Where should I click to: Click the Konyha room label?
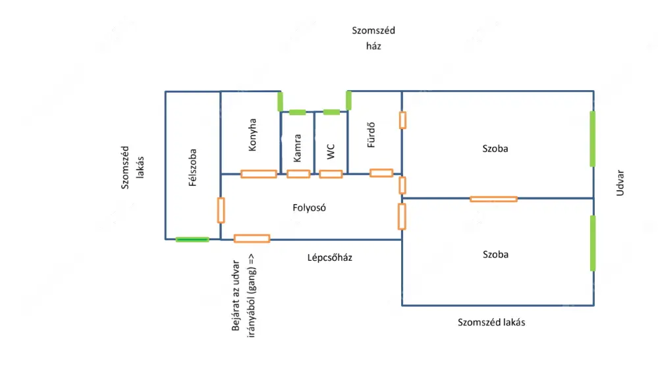point(253,135)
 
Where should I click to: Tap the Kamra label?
point(298,149)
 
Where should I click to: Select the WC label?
point(331,150)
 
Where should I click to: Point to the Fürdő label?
point(371,136)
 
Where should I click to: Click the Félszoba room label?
point(193,167)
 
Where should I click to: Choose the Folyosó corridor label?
point(310,208)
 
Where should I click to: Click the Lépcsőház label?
point(330,257)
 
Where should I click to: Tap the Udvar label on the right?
point(620,184)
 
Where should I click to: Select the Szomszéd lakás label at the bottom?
point(492,323)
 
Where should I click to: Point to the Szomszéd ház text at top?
point(373,38)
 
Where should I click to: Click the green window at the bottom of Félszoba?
point(192,240)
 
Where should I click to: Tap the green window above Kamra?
point(297,112)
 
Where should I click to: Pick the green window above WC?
point(331,112)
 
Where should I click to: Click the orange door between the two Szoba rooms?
point(493,198)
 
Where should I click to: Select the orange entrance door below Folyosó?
point(252,238)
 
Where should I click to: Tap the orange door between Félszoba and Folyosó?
point(221,210)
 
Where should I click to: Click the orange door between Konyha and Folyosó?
point(258,174)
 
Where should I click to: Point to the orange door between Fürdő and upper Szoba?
point(402,120)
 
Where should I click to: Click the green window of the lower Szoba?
point(593,243)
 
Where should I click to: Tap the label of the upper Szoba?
point(495,149)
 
